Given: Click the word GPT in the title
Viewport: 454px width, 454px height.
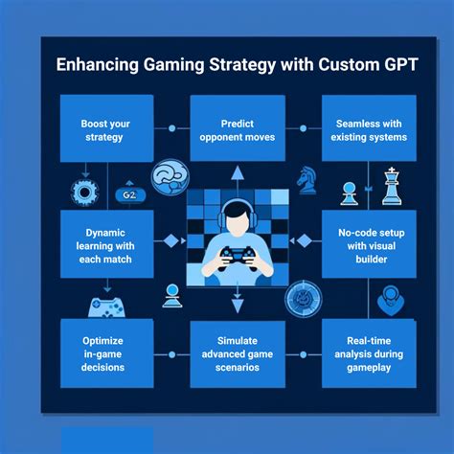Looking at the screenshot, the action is (x=400, y=64).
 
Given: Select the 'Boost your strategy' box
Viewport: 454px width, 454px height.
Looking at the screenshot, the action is (x=107, y=128).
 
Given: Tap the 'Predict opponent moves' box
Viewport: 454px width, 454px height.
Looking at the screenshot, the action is (x=238, y=128).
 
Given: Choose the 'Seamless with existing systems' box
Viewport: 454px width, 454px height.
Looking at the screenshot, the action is (x=369, y=128).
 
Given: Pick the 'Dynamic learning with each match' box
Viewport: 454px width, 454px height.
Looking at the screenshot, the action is (x=107, y=244).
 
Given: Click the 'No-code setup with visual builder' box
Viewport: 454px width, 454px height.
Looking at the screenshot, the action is (x=369, y=244).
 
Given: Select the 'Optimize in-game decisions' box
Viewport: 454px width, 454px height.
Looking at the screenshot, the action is (x=107, y=353).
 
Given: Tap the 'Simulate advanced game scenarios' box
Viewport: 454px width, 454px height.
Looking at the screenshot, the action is (x=238, y=354).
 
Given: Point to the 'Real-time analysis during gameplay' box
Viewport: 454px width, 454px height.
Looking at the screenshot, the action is (x=369, y=353).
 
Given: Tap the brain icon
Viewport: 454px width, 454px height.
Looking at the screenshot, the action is (x=170, y=177).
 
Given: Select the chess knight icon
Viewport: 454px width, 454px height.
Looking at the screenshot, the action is (x=306, y=180).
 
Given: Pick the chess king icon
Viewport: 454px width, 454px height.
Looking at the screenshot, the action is (x=392, y=186).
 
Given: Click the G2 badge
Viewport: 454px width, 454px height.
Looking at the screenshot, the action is (x=130, y=194).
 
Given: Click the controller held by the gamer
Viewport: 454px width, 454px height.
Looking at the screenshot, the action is (x=237, y=257).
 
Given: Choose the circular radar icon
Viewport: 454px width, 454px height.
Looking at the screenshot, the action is (x=304, y=299).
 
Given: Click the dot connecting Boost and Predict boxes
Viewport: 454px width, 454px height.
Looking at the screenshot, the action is (x=171, y=128).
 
